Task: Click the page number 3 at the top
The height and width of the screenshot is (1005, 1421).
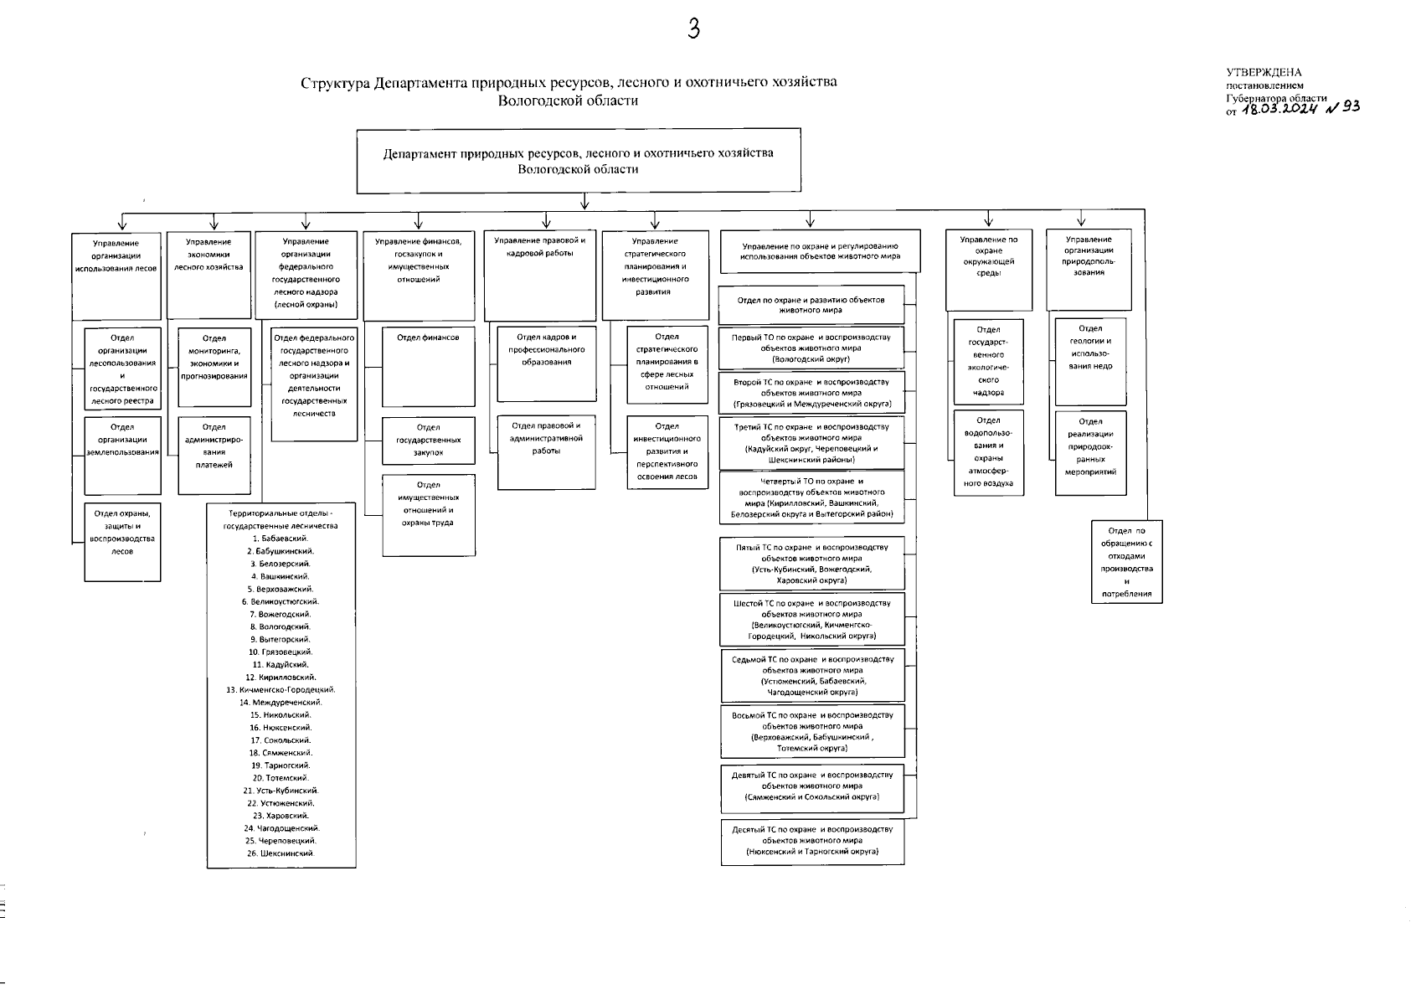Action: click(x=692, y=29)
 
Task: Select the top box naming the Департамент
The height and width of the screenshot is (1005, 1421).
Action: click(x=579, y=161)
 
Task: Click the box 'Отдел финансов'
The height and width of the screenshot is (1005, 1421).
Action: click(x=428, y=366)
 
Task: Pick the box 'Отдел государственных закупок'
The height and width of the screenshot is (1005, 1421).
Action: click(x=428, y=441)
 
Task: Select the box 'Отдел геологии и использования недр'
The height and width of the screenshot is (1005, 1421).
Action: click(x=1090, y=361)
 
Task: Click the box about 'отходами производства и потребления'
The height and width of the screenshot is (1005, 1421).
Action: click(x=1126, y=561)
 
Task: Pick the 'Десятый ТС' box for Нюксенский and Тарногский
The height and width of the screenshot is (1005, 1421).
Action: click(x=812, y=842)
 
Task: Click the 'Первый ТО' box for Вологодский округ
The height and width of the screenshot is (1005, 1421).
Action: click(x=811, y=348)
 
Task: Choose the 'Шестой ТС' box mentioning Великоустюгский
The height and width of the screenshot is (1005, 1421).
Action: click(x=812, y=619)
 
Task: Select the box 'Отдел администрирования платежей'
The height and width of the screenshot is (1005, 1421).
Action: click(x=214, y=454)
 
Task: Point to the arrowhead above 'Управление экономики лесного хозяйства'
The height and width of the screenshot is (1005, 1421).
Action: click(x=214, y=224)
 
